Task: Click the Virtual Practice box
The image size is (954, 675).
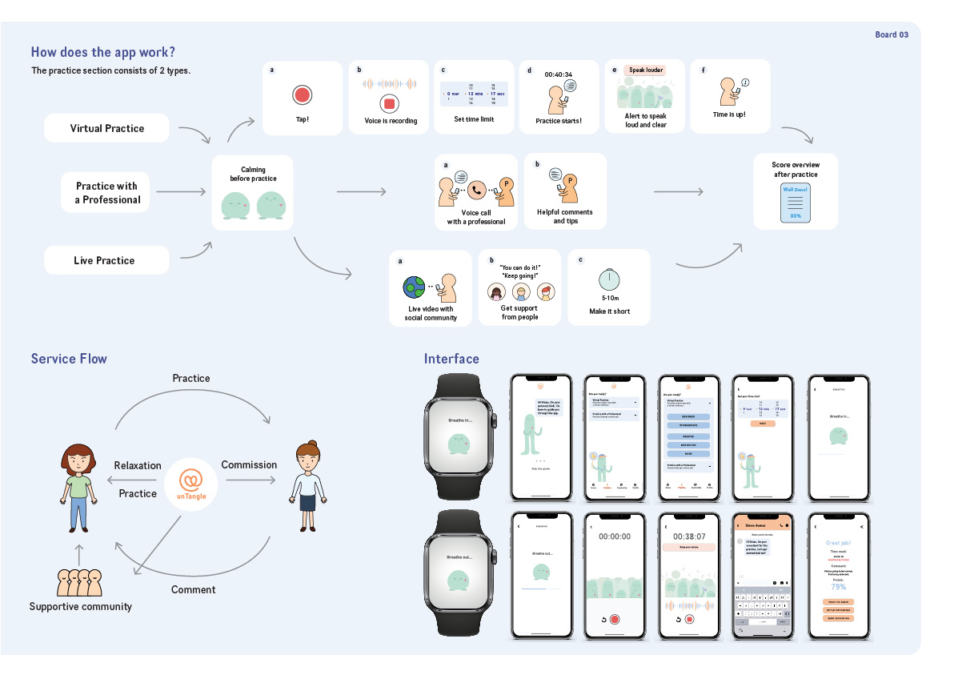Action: (x=107, y=128)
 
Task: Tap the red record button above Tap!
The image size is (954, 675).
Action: (x=302, y=95)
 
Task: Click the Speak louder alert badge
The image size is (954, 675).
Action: (x=644, y=70)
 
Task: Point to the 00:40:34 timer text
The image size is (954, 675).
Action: (x=558, y=74)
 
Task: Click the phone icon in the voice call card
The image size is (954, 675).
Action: (x=477, y=191)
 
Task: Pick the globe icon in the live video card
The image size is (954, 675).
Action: (x=415, y=287)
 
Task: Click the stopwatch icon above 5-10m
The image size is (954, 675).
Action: (x=609, y=278)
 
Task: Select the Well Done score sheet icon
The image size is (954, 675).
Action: (x=796, y=203)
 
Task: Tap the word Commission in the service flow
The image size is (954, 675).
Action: (x=249, y=464)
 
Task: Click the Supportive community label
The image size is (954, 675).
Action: (x=81, y=606)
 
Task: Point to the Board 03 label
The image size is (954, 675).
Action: (x=892, y=34)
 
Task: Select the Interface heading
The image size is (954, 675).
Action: (x=451, y=359)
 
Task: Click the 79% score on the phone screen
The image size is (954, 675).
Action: (x=838, y=587)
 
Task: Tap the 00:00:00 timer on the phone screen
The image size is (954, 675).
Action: (x=615, y=536)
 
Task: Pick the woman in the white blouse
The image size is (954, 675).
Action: (x=307, y=484)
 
